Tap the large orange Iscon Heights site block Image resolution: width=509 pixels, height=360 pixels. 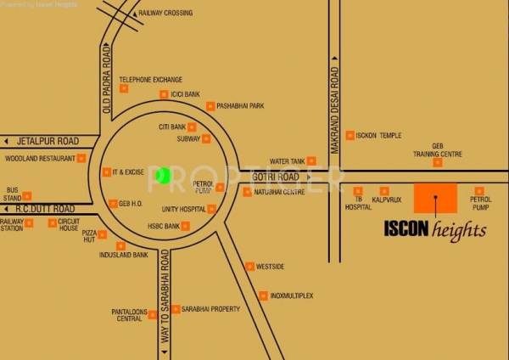coord(435,199)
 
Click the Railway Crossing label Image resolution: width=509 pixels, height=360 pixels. coord(165,14)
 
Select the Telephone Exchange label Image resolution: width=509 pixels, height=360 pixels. coord(150,79)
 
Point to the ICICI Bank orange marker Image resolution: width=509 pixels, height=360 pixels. coord(164,95)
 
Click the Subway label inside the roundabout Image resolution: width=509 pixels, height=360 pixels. coord(188,138)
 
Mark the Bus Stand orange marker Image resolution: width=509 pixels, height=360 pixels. coord(27,196)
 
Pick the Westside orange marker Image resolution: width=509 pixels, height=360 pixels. coord(249,267)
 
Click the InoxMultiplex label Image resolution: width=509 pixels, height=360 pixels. coord(291,295)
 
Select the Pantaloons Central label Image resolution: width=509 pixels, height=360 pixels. coord(127,316)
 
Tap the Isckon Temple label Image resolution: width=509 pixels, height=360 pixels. coord(379,135)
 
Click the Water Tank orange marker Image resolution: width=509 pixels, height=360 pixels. coord(311,160)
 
